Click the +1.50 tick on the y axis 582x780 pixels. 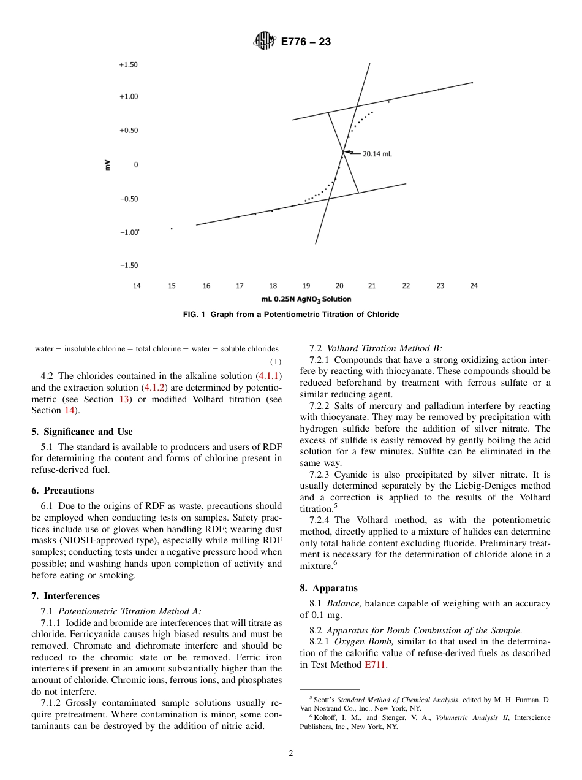click(128, 64)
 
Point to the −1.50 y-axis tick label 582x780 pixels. click(128, 266)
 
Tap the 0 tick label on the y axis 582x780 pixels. click(136, 165)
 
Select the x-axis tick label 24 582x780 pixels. click(474, 286)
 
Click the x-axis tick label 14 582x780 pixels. click(137, 286)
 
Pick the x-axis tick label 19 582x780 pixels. click(306, 286)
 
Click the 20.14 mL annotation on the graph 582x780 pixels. click(377, 154)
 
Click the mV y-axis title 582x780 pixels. click(107, 165)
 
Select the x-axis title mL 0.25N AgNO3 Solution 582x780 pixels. click(306, 299)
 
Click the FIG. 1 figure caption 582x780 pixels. click(291, 315)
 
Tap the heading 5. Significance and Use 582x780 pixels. click(82, 432)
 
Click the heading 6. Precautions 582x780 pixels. click(62, 491)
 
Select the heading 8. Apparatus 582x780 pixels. click(328, 588)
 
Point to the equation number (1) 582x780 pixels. click(276, 362)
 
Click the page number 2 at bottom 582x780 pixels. click(291, 754)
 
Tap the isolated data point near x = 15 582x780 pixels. click(172, 229)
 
